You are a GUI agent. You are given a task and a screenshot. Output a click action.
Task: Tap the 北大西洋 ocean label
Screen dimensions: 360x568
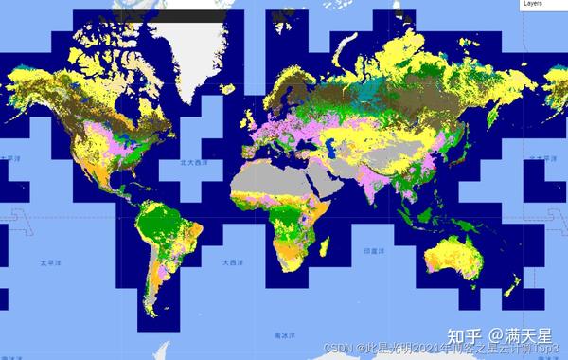pos(194,162)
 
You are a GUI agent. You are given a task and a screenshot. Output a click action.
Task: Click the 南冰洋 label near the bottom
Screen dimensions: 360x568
pos(278,335)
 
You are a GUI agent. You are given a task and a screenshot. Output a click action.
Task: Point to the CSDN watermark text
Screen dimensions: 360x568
pos(338,348)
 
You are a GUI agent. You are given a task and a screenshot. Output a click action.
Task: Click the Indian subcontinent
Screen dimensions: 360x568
pos(373,189)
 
